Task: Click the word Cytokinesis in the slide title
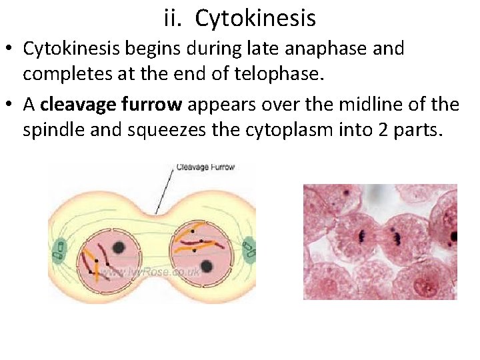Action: click(x=255, y=19)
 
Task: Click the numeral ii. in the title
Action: click(x=175, y=18)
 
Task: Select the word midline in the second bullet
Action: click(x=376, y=105)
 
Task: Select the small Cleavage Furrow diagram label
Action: click(x=206, y=167)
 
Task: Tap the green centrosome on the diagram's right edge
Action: click(x=249, y=251)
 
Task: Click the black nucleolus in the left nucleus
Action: click(x=119, y=247)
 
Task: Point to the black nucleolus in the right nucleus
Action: click(x=207, y=267)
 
